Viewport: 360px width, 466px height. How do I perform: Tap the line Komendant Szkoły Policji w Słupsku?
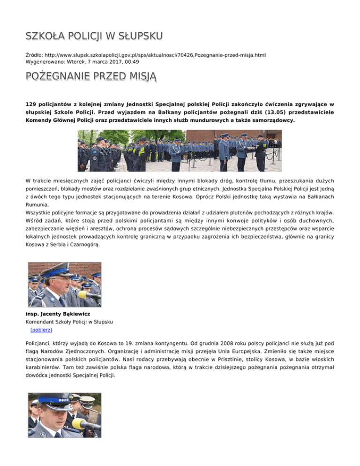tap(70, 322)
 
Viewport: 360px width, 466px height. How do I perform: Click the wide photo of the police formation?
tap(180, 151)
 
